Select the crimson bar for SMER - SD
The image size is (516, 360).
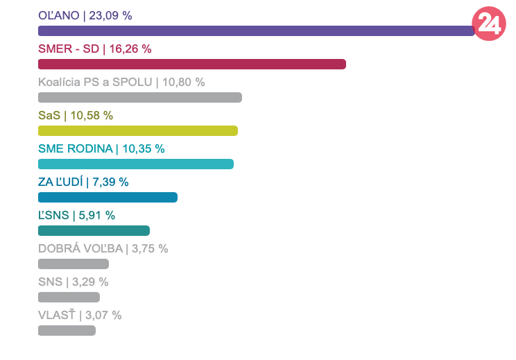point(191,64)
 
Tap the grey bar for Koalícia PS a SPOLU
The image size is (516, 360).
point(139,97)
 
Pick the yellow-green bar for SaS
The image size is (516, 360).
point(137,130)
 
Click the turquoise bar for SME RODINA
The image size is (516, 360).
point(135,164)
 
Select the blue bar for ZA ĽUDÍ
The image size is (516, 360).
point(108,197)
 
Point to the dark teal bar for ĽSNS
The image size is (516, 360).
point(94,230)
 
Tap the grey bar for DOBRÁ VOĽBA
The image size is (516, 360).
point(73,264)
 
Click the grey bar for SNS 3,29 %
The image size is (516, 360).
point(69,297)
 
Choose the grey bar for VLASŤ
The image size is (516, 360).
point(67,330)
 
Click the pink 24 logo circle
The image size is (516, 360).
point(488,24)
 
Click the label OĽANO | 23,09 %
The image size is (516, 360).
point(85,15)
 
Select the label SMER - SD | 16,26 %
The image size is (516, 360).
point(94,49)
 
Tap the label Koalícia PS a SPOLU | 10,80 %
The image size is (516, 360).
point(121,82)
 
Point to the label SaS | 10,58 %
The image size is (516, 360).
point(75,115)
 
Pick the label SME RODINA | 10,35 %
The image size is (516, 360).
point(101,148)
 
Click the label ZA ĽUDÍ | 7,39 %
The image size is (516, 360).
point(83,182)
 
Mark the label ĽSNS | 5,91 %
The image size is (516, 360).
point(76,215)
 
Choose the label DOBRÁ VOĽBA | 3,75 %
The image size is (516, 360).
point(103,248)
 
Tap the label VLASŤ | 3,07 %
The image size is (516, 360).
point(80,315)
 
